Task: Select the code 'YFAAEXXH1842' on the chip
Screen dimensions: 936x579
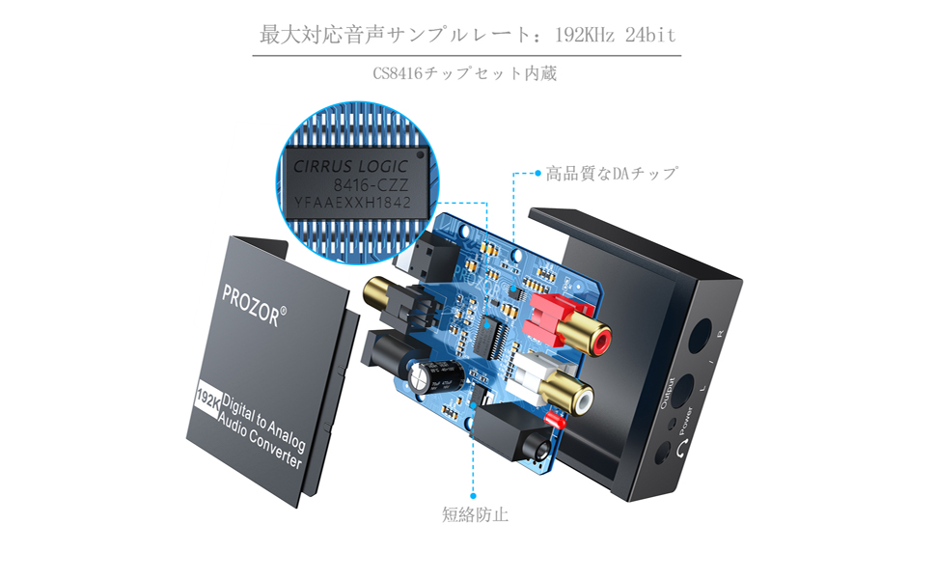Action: [352, 203]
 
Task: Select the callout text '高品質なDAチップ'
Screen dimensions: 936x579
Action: [612, 174]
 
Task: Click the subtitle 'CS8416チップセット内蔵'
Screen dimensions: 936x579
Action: [465, 73]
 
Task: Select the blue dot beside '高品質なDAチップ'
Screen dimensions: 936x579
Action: [537, 175]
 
